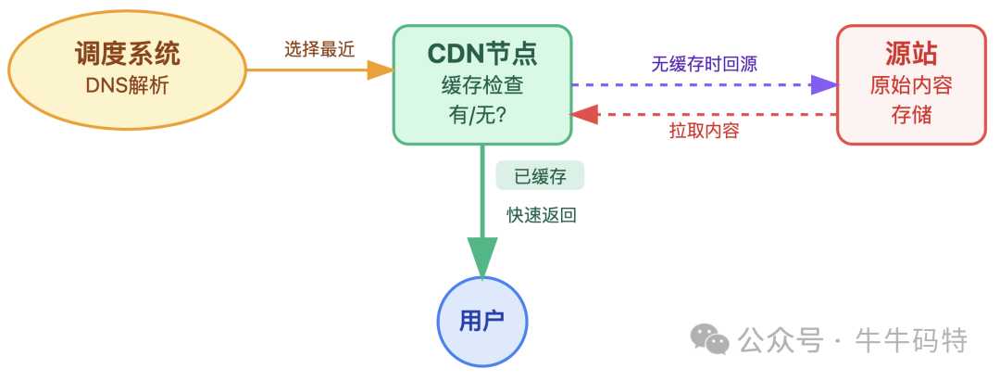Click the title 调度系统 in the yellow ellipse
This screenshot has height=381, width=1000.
point(127,54)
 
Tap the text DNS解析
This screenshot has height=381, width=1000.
point(127,86)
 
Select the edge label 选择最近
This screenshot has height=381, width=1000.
point(319,50)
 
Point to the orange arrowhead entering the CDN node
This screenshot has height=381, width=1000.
point(381,70)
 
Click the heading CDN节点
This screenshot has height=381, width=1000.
point(481,54)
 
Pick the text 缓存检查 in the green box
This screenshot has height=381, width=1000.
point(481,85)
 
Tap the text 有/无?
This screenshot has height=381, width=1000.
point(481,117)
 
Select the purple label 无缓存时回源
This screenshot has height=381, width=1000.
point(705,65)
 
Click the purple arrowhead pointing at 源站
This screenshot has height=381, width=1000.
point(823,85)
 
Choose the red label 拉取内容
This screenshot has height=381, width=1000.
point(705,131)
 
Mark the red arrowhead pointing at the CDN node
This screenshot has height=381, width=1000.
point(584,114)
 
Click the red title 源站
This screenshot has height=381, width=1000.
point(911,54)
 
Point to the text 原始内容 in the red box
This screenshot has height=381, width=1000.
point(911,85)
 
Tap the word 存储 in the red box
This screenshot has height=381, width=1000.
point(911,117)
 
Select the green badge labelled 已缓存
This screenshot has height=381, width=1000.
point(540,175)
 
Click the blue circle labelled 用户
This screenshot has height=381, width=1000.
point(482,322)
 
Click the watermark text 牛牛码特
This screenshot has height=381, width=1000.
point(912,340)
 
